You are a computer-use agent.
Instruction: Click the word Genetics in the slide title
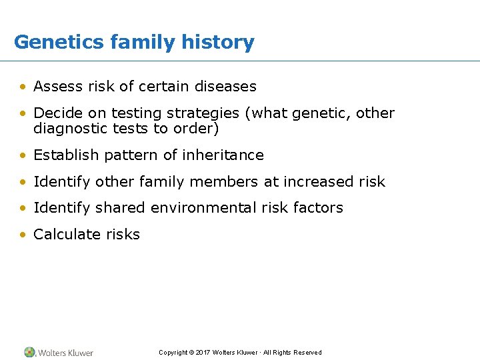coord(59,43)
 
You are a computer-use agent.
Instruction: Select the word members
coord(225,181)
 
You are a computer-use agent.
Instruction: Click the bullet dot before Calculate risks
coord(23,235)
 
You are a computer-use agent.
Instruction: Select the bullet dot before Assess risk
coord(23,87)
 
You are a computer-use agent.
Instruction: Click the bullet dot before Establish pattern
coord(23,156)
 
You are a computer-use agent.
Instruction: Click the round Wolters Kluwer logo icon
coord(29,352)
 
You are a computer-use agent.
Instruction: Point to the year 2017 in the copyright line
coord(203,353)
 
